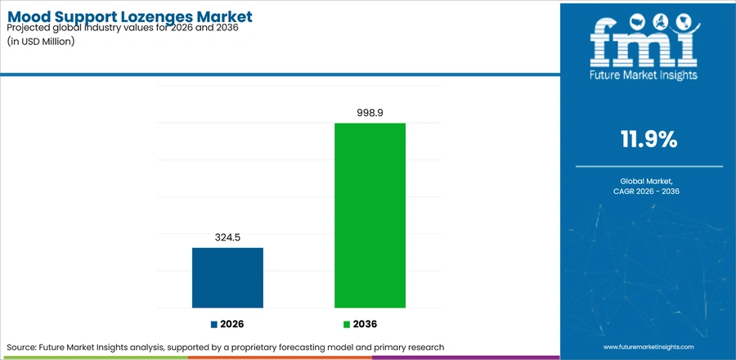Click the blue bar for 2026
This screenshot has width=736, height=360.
point(227,278)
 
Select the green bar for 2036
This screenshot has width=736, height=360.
point(370,215)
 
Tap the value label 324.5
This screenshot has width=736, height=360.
point(227,238)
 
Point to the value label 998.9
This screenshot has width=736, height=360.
point(370,113)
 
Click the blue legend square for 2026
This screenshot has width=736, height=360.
point(214,324)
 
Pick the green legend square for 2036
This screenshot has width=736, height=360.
point(347,324)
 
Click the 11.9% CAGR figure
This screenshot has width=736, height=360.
point(649,139)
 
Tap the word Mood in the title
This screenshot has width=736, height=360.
point(26,16)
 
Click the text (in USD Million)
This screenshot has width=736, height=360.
point(41,41)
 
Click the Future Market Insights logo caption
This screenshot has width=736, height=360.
point(644,74)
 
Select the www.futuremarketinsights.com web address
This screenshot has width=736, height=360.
point(648,347)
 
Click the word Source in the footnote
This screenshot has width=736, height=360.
point(21,348)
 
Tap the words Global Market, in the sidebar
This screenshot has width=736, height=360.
point(649,181)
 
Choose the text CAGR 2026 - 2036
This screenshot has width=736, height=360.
point(649,191)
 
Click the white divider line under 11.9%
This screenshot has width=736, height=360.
point(649,167)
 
